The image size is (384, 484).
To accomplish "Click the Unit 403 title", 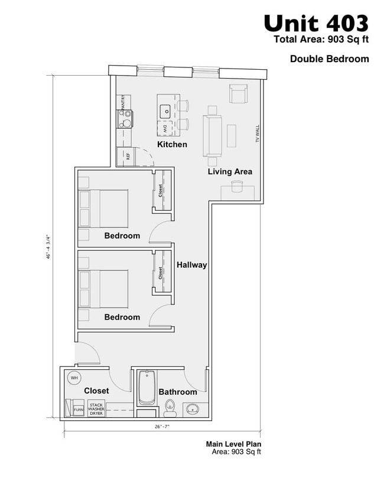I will pos(316,24).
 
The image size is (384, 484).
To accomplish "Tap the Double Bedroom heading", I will pos(329,59).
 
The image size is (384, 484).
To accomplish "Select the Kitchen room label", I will pos(172,144).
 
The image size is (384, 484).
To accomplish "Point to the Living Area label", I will pos(230,171).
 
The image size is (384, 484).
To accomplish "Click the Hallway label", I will pos(192,265).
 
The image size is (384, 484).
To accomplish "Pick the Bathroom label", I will pos(178,392).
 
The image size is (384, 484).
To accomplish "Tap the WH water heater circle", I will pos(74,378).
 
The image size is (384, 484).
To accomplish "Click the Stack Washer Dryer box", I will pos(96,409).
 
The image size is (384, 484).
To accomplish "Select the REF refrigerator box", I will pos(126,156).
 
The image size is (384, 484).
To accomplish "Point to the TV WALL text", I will pos(257,134).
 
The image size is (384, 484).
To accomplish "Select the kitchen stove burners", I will pos(125,119).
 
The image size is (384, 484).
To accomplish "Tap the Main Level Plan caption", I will pos(233,444).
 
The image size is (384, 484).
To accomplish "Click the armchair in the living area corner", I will pos(238,94).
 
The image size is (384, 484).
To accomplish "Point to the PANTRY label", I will pos(122,102).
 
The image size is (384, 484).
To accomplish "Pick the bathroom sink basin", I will pos(192,408).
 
